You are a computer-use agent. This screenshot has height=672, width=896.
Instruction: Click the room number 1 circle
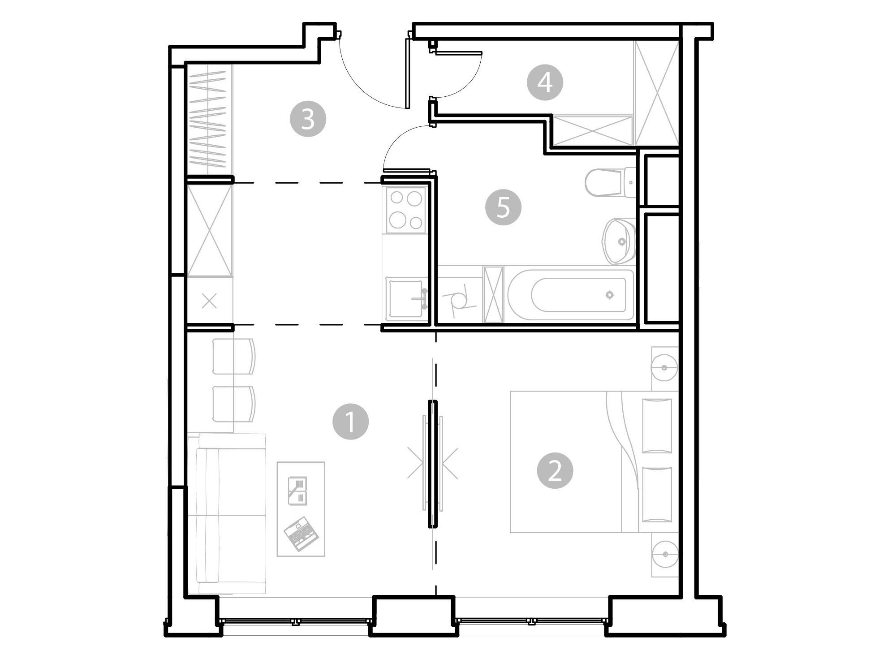click(350, 422)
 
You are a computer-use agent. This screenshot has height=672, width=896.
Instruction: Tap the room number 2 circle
click(555, 471)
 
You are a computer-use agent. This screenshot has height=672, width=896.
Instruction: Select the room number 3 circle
click(308, 119)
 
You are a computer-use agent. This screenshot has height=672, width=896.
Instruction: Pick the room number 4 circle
click(545, 82)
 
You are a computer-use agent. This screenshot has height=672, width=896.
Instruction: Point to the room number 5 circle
click(503, 207)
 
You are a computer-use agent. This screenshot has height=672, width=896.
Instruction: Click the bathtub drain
click(609, 295)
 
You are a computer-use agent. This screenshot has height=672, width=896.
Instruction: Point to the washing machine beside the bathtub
click(460, 294)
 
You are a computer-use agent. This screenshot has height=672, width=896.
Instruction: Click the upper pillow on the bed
click(657, 426)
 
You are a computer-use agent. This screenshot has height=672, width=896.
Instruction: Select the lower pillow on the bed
click(657, 495)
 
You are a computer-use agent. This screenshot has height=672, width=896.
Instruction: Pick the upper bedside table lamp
click(665, 368)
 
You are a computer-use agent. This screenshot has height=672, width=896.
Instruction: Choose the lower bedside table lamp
click(665, 554)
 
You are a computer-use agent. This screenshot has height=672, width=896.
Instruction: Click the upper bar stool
click(233, 357)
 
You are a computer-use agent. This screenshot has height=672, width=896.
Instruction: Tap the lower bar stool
click(233, 404)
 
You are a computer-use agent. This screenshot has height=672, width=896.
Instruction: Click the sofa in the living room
click(227, 514)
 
